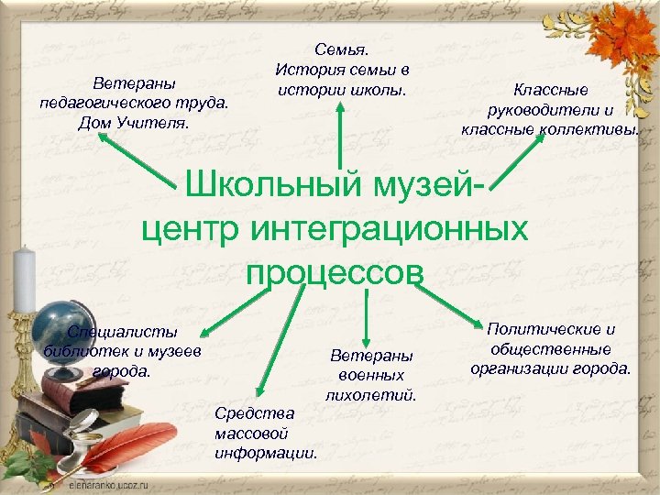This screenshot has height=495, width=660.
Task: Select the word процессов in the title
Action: [335, 271]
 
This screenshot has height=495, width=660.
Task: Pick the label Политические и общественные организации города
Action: [550, 349]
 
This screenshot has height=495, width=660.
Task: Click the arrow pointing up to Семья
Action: [340, 137]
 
